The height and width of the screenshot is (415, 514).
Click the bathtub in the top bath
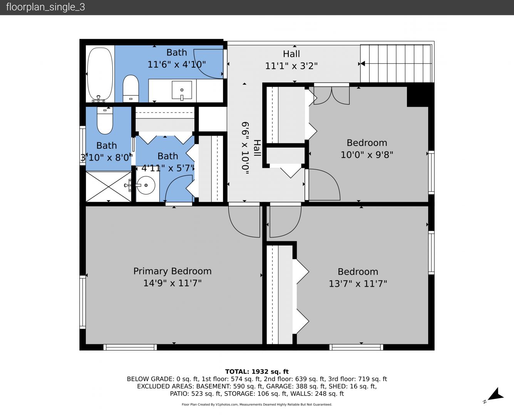coord(100,74)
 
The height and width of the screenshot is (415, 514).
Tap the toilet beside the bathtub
coord(131,88)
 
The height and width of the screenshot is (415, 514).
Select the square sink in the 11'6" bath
coord(182,90)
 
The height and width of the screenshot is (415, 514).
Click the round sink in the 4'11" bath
coord(146,185)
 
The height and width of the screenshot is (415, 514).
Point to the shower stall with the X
coord(109,187)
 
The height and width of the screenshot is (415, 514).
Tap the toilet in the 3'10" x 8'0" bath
coord(105,120)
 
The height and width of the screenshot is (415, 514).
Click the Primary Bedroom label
coord(172,271)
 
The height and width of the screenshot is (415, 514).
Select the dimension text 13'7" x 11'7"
coord(358,284)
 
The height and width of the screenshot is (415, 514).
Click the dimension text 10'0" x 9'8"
coord(367,154)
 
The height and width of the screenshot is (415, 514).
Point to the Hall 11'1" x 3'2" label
coord(291,60)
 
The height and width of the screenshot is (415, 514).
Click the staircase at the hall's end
coord(396,63)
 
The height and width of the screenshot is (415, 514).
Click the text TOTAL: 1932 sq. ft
coord(257,372)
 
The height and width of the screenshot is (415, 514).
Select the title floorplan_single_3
coord(45,7)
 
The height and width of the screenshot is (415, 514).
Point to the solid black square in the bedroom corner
coord(419,95)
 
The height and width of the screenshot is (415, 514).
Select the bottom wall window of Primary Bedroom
coord(130,347)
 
